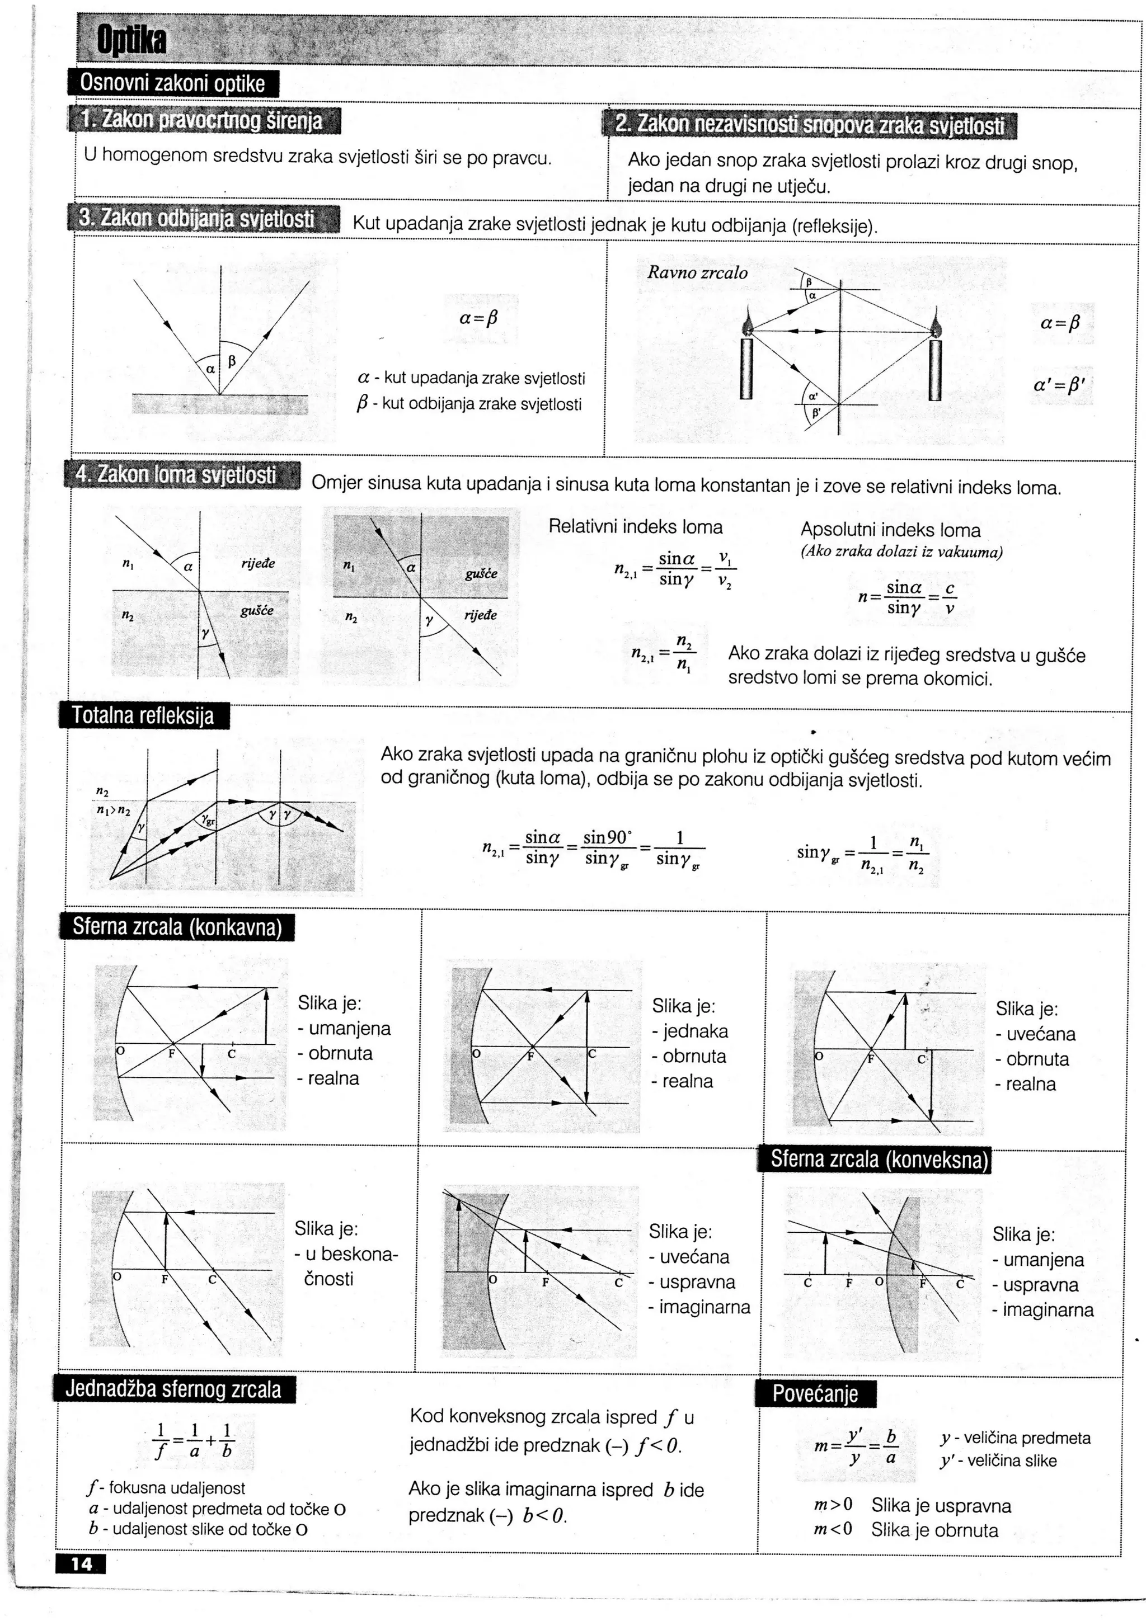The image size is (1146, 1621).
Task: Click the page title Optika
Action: [x=132, y=41]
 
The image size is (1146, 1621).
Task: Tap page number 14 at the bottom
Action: [x=81, y=1564]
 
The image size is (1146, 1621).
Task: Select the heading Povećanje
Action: [x=815, y=1394]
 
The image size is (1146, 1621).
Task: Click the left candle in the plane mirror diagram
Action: [x=746, y=367]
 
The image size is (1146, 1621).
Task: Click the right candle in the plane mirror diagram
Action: [x=935, y=367]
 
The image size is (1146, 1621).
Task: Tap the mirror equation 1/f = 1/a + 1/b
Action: [x=194, y=1441]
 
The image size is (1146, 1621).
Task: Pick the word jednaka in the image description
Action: [x=695, y=1031]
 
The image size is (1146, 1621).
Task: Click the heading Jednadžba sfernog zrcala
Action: [x=173, y=1389]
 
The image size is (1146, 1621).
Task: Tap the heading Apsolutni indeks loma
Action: [x=890, y=530]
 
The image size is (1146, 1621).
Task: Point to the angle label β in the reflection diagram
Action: [x=232, y=361]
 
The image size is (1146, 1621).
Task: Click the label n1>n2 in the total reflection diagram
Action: [x=113, y=810]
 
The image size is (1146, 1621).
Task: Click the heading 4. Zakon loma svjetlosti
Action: [x=176, y=474]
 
